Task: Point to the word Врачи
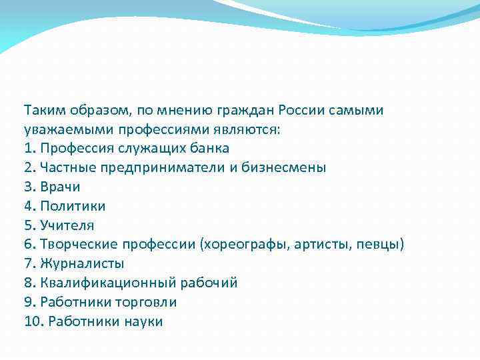[61, 187]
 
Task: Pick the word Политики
[73, 206]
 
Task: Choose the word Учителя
[67, 225]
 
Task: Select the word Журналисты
[82, 264]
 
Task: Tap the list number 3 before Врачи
[29, 187]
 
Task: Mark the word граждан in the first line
[251, 109]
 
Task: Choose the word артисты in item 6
[317, 245]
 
